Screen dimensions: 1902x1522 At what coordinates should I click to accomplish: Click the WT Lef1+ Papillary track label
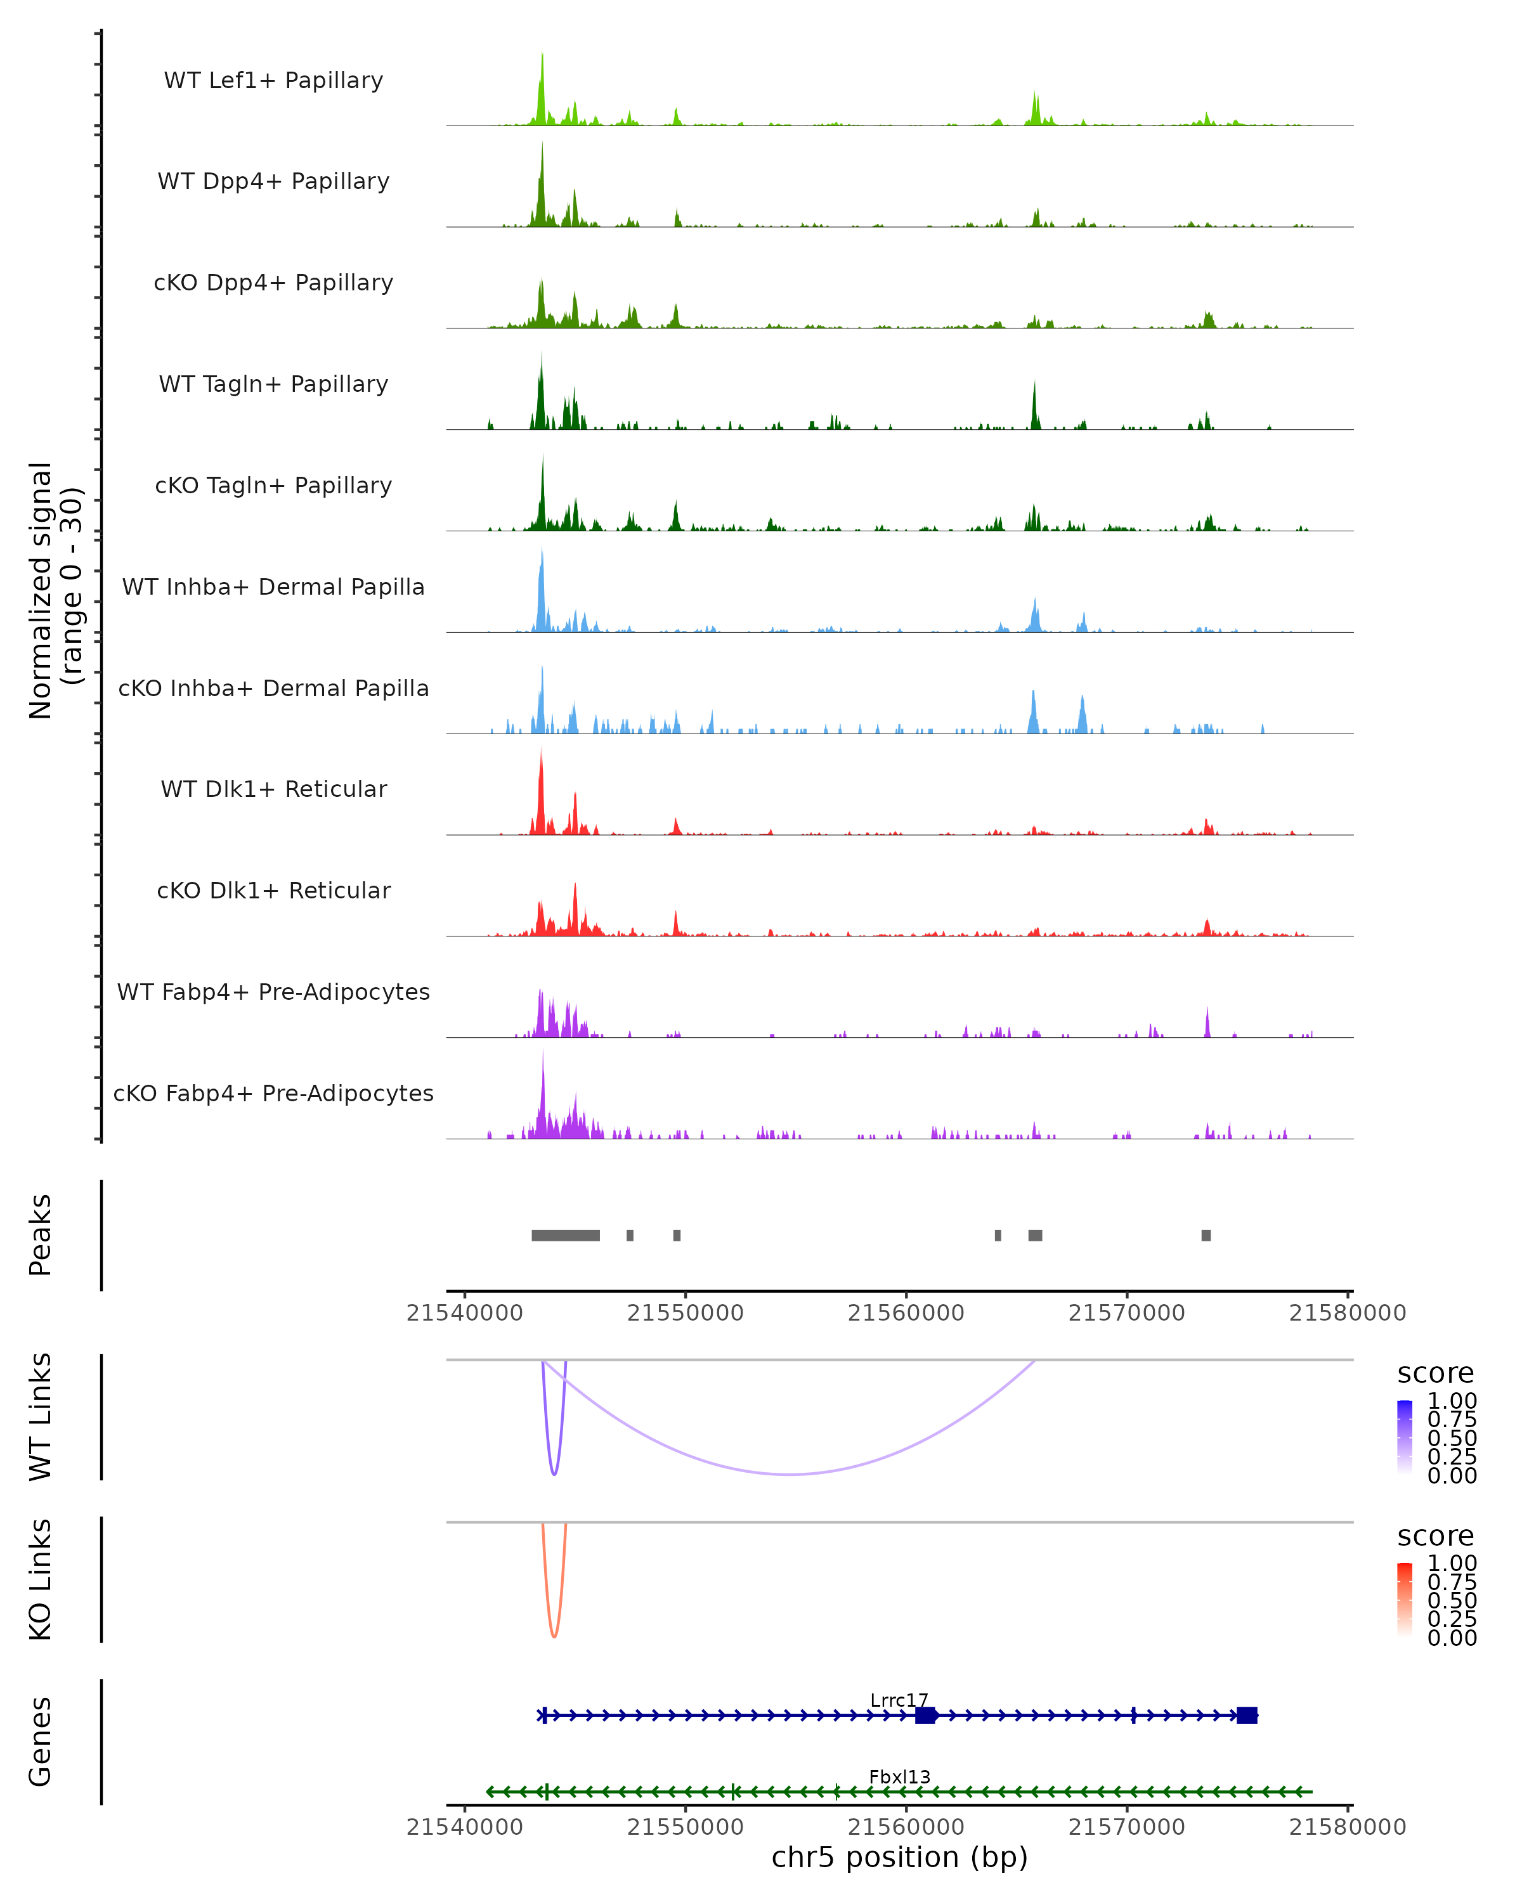pyautogui.click(x=273, y=81)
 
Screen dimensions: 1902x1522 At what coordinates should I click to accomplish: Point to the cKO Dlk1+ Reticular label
pyautogui.click(x=273, y=890)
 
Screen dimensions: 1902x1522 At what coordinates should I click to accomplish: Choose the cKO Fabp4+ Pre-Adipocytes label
pyautogui.click(x=273, y=1093)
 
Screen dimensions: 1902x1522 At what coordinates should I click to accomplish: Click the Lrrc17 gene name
pyautogui.click(x=899, y=1701)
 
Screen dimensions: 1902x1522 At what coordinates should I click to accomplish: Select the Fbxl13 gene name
pyautogui.click(x=899, y=1776)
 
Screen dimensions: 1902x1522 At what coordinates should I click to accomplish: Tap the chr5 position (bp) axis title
pyautogui.click(x=899, y=1857)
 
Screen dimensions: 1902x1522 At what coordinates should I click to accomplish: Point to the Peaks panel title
pyautogui.click(x=41, y=1235)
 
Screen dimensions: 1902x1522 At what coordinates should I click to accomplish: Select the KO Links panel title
pyautogui.click(x=41, y=1579)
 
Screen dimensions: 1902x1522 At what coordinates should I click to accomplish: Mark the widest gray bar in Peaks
pyautogui.click(x=566, y=1235)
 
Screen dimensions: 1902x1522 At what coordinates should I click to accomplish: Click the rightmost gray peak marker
pyautogui.click(x=1206, y=1235)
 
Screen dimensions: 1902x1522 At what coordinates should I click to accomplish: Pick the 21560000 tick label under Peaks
pyautogui.click(x=906, y=1313)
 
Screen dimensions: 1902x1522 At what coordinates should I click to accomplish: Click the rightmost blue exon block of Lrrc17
pyautogui.click(x=1247, y=1715)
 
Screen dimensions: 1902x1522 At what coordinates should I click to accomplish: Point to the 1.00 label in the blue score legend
pyautogui.click(x=1452, y=1401)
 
